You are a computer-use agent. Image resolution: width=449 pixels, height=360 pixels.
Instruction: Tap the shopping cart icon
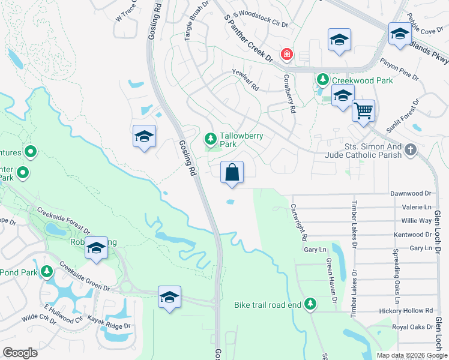[x=363, y=110]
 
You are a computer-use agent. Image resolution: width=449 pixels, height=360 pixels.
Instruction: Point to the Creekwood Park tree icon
[x=322, y=80]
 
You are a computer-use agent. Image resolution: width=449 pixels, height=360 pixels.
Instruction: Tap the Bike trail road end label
[x=267, y=305]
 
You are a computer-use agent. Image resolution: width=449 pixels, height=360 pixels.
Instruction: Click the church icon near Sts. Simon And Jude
[x=410, y=149]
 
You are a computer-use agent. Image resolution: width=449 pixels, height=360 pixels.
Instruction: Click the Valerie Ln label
[x=420, y=207]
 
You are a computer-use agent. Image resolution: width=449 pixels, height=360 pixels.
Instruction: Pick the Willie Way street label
[x=418, y=221]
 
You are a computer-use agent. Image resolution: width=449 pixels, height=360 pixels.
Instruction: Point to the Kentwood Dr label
[x=412, y=235]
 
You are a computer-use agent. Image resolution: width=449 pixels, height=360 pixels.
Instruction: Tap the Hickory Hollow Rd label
[x=406, y=311]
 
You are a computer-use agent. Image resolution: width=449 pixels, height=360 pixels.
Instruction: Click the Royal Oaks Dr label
[x=412, y=327]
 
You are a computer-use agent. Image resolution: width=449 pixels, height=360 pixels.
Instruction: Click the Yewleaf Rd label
[x=245, y=79]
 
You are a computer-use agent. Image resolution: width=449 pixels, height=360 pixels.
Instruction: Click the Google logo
[x=20, y=353]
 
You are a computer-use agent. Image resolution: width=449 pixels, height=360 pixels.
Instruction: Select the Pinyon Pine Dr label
[x=399, y=68]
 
